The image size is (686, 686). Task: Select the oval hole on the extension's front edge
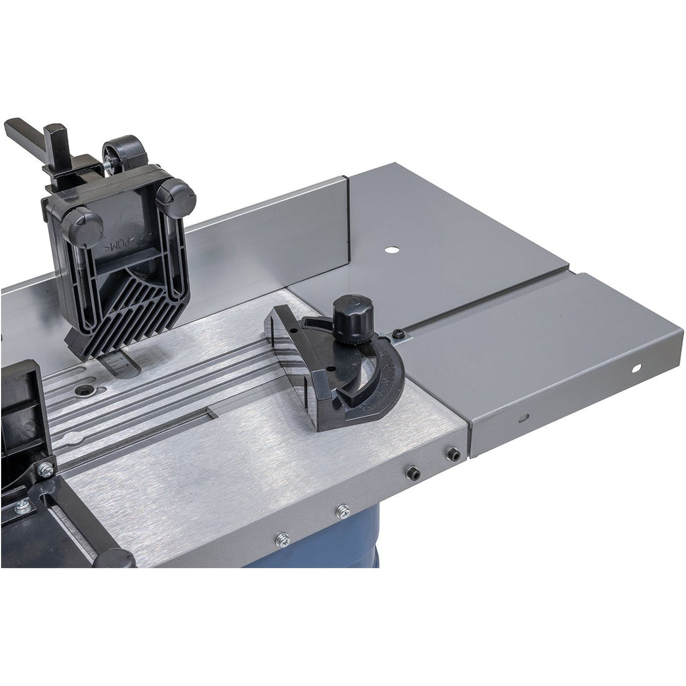[525, 419]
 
